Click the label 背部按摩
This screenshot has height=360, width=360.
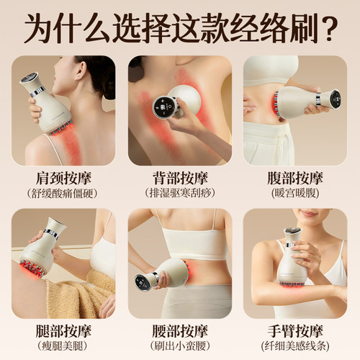click(x=179, y=177)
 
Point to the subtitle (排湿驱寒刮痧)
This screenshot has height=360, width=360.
click(x=179, y=192)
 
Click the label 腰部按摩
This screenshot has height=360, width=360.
click(x=179, y=330)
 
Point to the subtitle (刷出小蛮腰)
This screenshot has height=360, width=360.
click(x=179, y=346)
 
